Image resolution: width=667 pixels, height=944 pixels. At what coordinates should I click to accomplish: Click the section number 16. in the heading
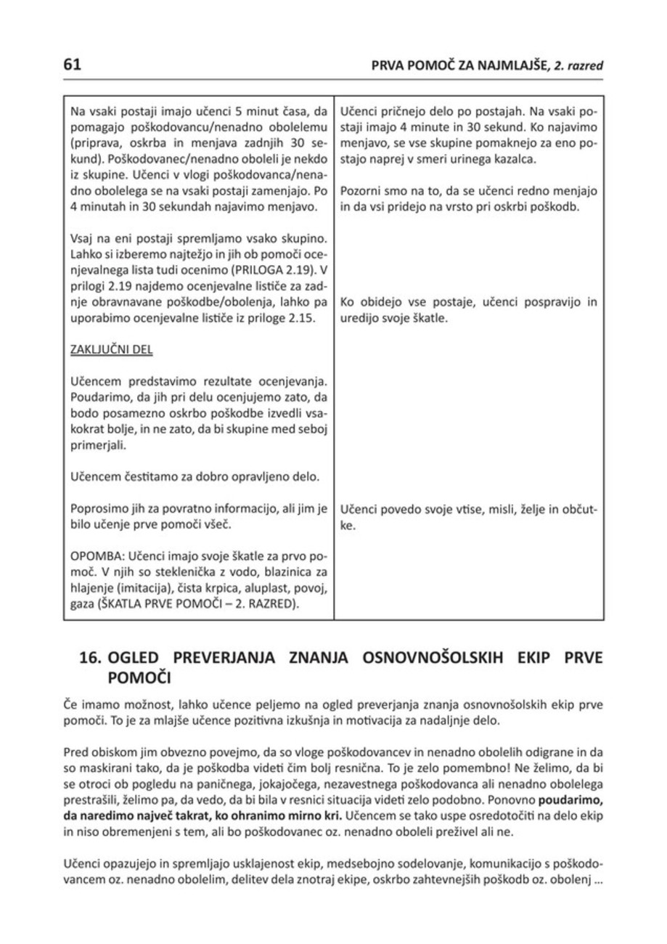(91, 660)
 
